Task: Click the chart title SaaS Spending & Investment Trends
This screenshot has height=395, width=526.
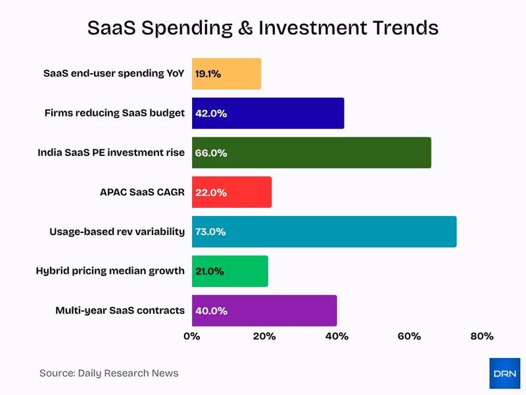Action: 263,28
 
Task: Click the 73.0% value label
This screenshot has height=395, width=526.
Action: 210,232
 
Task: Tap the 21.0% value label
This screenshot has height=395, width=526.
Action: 210,271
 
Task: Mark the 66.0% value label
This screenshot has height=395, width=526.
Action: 210,153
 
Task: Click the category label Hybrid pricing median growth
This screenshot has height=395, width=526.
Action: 110,271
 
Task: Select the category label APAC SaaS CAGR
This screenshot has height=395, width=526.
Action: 137,192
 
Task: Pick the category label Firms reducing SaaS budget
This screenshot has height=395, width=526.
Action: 114,113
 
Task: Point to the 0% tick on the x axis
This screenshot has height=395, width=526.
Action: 191,336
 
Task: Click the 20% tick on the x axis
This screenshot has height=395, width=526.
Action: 264,336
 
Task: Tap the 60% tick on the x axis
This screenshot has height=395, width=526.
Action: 409,336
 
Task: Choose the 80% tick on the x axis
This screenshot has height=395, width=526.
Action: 481,336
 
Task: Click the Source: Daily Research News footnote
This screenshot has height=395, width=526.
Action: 108,373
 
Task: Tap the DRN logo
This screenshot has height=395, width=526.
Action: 505,373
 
